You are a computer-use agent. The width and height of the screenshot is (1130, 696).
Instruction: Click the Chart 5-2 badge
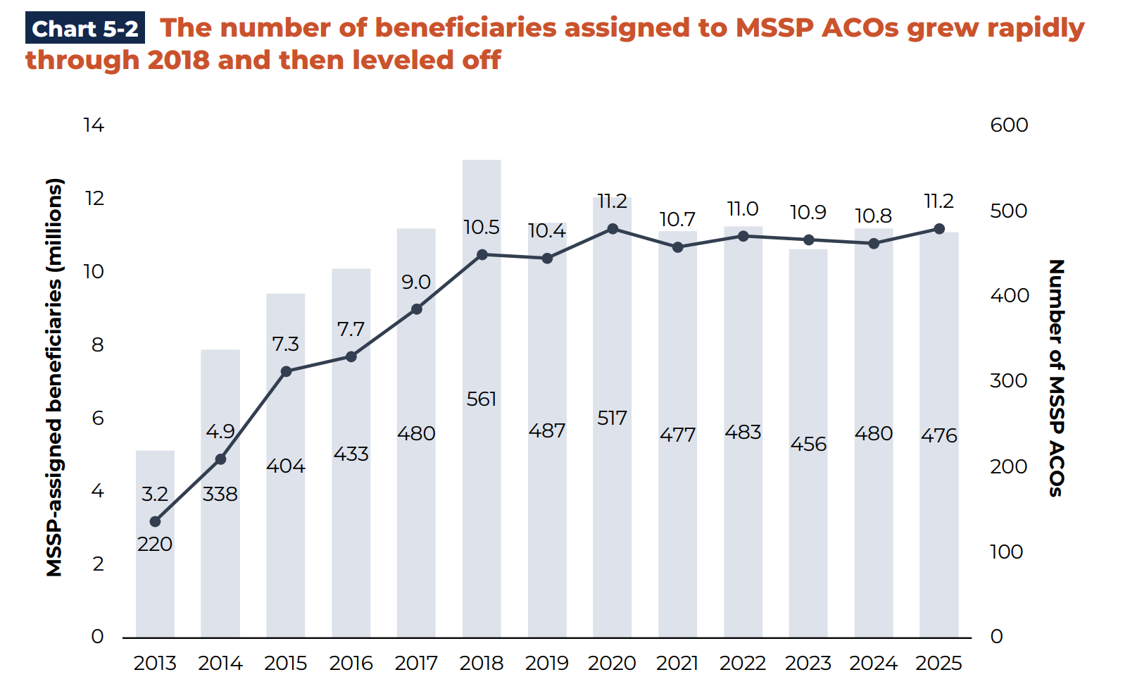coord(85,29)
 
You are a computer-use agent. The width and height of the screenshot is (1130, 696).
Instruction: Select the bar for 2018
coord(482,493)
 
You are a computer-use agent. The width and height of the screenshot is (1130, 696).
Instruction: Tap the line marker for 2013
coord(156,522)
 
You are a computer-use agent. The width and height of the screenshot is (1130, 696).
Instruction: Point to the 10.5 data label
coord(482,228)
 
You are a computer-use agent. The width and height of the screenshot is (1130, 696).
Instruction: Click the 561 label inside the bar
coord(482,399)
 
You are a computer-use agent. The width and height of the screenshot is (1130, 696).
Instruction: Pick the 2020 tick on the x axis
coord(612,664)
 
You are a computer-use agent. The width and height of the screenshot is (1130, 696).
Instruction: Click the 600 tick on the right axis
coord(1009,125)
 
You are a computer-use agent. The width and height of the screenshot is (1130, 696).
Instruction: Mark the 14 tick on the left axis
coord(94,125)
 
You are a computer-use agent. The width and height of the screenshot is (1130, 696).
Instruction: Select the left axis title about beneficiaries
coord(55,378)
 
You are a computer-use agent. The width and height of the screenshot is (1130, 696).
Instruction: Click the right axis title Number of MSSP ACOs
coord(1056,378)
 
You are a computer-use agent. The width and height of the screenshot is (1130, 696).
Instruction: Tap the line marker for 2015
coord(286,371)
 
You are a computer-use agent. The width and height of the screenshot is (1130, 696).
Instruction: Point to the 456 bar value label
coord(808,445)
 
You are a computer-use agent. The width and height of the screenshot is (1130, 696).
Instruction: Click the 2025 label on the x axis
coord(938,664)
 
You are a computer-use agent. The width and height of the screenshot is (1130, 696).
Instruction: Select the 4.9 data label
coord(220,432)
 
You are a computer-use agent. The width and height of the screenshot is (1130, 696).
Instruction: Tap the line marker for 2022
coord(743,236)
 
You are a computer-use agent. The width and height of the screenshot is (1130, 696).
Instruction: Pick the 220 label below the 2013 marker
coord(155,545)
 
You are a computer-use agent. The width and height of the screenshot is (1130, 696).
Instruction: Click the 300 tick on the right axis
coord(1009,381)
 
